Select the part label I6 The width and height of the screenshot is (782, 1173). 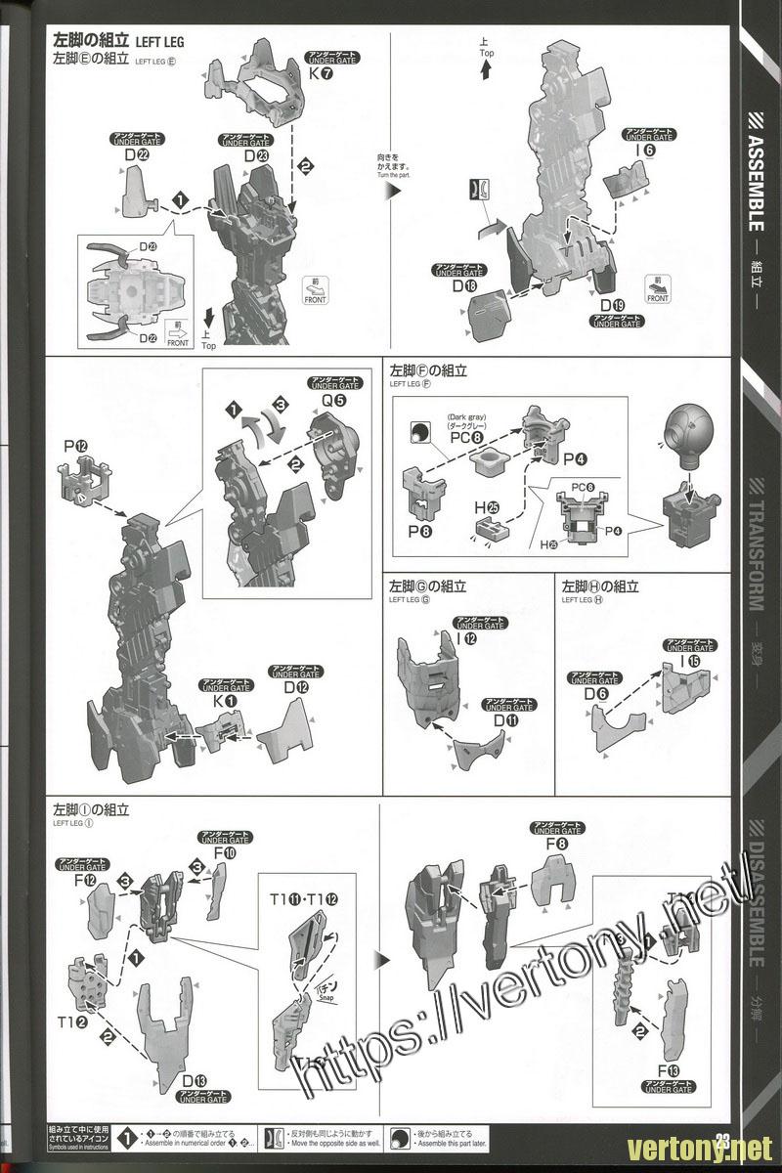(x=644, y=152)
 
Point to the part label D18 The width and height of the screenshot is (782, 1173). (x=463, y=286)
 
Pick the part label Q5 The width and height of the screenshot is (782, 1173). (x=334, y=398)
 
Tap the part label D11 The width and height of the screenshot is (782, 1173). (x=505, y=720)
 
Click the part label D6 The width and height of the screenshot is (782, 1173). (x=596, y=694)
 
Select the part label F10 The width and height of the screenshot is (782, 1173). (x=225, y=852)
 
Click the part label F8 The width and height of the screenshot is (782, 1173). (x=557, y=843)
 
